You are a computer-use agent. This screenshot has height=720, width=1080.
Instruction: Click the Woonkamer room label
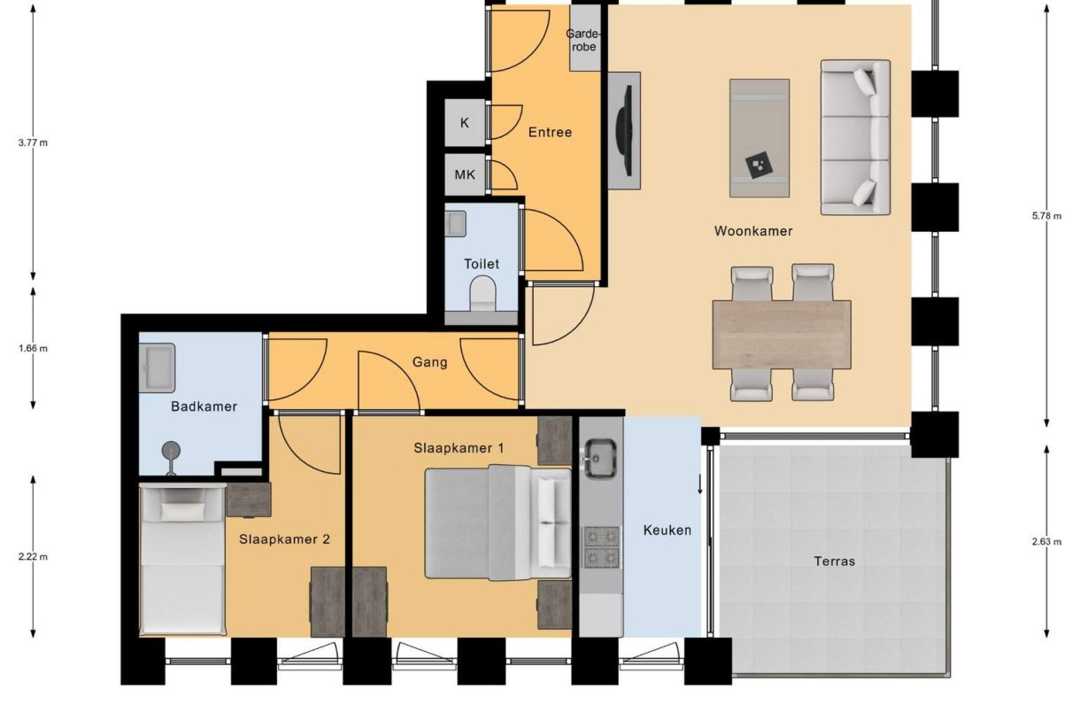point(753,231)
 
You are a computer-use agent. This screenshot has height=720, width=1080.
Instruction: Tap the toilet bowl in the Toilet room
point(482,293)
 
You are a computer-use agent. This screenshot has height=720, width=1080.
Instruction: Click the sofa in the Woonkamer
point(855,137)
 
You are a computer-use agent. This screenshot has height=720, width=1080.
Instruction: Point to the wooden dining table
point(782,334)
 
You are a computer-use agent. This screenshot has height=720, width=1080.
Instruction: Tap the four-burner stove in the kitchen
point(601,546)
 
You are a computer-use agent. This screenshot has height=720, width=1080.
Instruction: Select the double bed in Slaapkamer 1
point(498,523)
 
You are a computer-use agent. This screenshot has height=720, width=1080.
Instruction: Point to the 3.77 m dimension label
point(33,143)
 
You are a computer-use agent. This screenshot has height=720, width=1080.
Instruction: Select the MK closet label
point(465,175)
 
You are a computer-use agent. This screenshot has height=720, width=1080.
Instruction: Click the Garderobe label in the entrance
point(583,40)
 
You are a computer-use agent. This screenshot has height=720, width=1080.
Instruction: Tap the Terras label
point(834,561)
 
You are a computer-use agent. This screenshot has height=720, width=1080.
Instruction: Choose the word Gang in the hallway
point(429,362)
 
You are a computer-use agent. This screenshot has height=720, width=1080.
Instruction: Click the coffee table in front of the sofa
point(759,137)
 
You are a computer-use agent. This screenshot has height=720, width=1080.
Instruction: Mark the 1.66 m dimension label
point(33,348)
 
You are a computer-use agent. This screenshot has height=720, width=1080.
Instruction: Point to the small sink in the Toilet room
point(455,223)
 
